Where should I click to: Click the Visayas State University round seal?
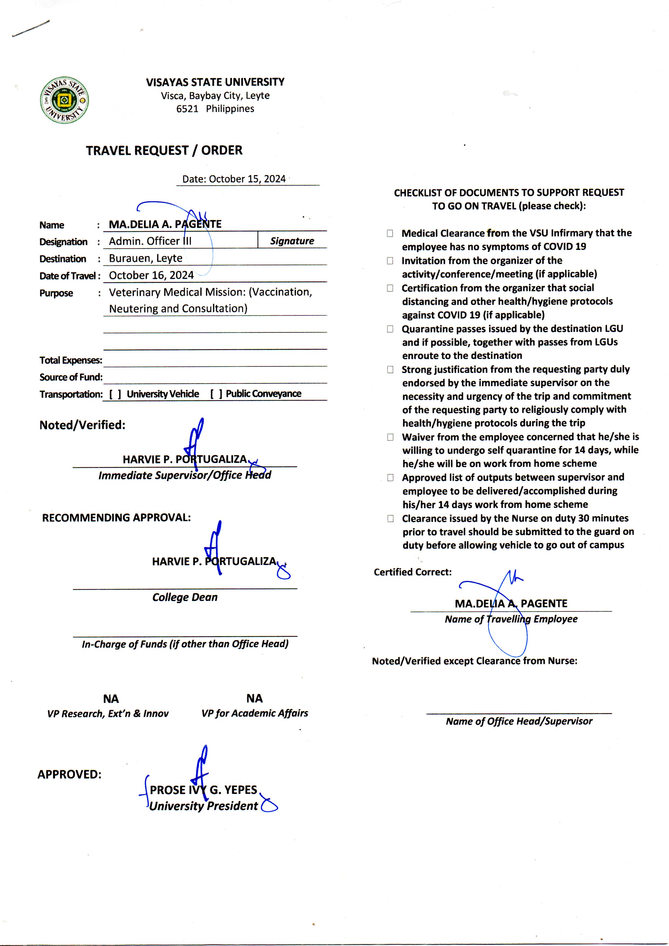click(64, 100)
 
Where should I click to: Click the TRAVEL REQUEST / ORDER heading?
click(164, 151)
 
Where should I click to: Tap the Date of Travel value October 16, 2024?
click(151, 275)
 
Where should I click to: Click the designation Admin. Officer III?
click(150, 241)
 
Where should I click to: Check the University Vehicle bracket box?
click(115, 394)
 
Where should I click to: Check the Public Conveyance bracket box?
click(216, 394)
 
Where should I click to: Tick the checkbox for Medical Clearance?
click(390, 233)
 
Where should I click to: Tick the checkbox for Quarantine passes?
click(390, 329)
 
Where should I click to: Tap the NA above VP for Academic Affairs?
click(255, 698)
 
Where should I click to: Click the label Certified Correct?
click(412, 572)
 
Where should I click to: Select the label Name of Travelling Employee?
click(511, 619)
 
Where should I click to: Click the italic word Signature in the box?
click(292, 241)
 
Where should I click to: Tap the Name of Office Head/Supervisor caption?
click(519, 721)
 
